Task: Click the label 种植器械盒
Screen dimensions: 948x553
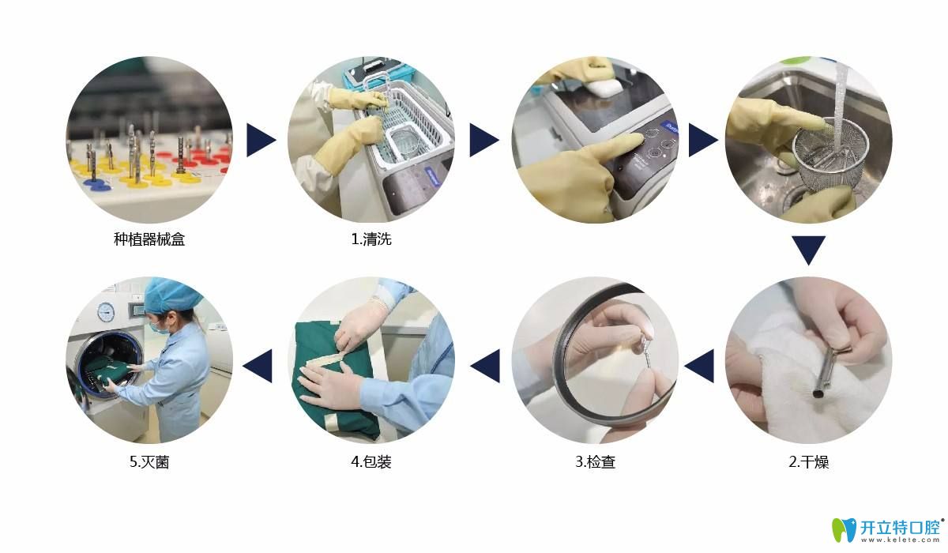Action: point(149,239)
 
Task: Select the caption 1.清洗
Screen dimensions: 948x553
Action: point(371,239)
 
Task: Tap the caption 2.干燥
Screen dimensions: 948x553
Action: point(809,461)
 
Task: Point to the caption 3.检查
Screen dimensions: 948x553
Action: point(595,461)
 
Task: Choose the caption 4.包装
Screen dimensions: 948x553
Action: point(371,461)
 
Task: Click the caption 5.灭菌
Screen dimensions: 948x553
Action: point(149,461)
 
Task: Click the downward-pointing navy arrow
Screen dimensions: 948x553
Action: point(808,250)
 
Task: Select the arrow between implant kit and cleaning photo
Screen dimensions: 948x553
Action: point(261,140)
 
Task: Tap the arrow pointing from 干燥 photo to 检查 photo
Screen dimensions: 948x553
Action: point(698,366)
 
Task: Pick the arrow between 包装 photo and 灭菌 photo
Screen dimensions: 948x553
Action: point(257,366)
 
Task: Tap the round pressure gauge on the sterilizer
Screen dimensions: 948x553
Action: point(106,312)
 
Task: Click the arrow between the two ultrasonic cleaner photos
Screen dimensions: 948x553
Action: point(484,140)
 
